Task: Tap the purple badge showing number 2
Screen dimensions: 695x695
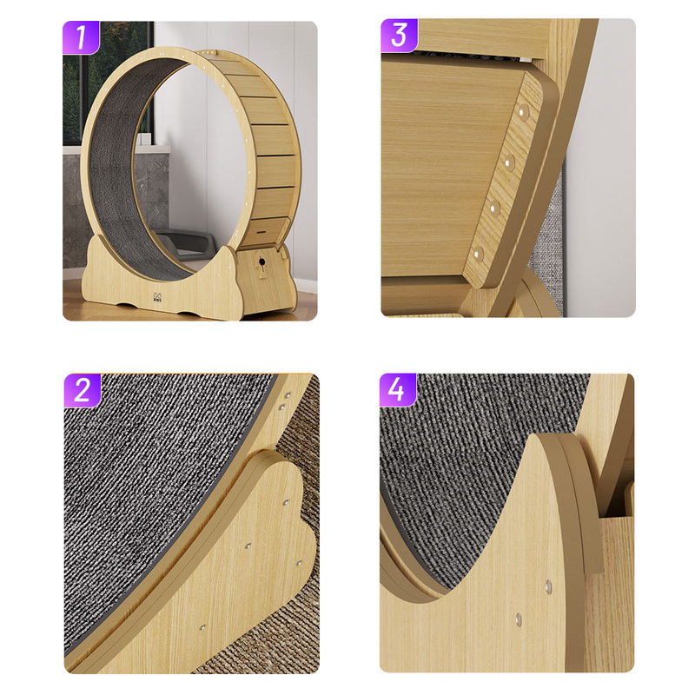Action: pyautogui.click(x=83, y=390)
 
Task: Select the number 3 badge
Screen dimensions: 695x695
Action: pyautogui.click(x=399, y=35)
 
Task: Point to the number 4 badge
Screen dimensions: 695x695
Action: pyautogui.click(x=397, y=390)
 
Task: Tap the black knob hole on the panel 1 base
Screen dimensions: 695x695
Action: pyautogui.click(x=260, y=260)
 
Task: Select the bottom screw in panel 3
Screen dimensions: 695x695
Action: pyautogui.click(x=478, y=254)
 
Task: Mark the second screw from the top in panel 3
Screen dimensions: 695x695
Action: pyautogui.click(x=510, y=162)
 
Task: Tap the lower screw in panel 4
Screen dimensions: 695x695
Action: pyautogui.click(x=519, y=620)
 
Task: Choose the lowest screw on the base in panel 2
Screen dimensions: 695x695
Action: pyautogui.click(x=203, y=625)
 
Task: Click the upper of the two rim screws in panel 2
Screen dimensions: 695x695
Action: pyautogui.click(x=287, y=394)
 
